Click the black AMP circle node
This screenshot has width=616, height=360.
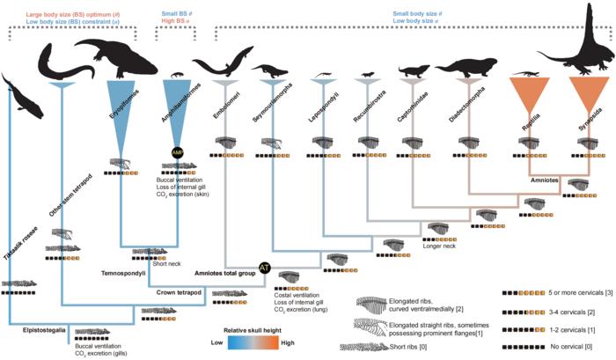[x=178, y=152]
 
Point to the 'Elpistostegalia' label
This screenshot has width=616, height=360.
[x=43, y=328]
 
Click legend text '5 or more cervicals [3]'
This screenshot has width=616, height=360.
[x=573, y=291]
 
